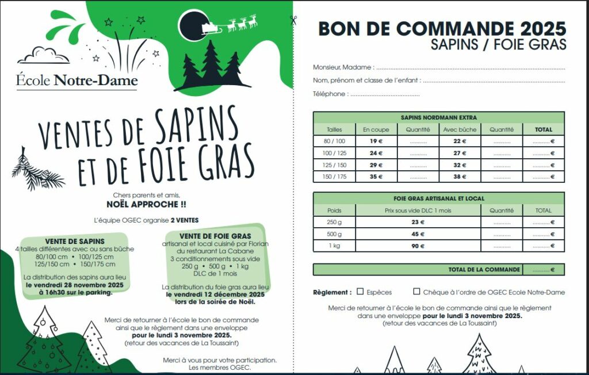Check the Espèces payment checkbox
click(x=360, y=292)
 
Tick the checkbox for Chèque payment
click(x=416, y=292)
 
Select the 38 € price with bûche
click(x=460, y=177)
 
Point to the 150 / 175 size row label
click(x=334, y=177)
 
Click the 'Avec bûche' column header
click(x=460, y=129)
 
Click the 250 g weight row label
click(x=334, y=223)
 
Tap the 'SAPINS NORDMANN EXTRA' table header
click(x=438, y=117)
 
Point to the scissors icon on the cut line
click(x=293, y=21)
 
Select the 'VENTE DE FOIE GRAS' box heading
click(x=215, y=236)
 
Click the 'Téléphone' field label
click(x=330, y=94)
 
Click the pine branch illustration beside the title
click(x=38, y=171)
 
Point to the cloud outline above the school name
click(x=43, y=55)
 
